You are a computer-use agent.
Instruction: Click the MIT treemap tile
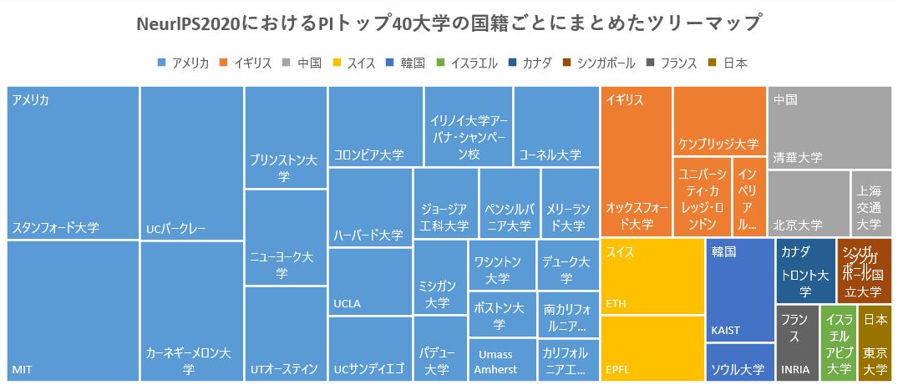73,311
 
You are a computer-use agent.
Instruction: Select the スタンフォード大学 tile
73,163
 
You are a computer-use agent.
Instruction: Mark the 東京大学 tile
875,343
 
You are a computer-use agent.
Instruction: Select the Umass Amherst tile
502,360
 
